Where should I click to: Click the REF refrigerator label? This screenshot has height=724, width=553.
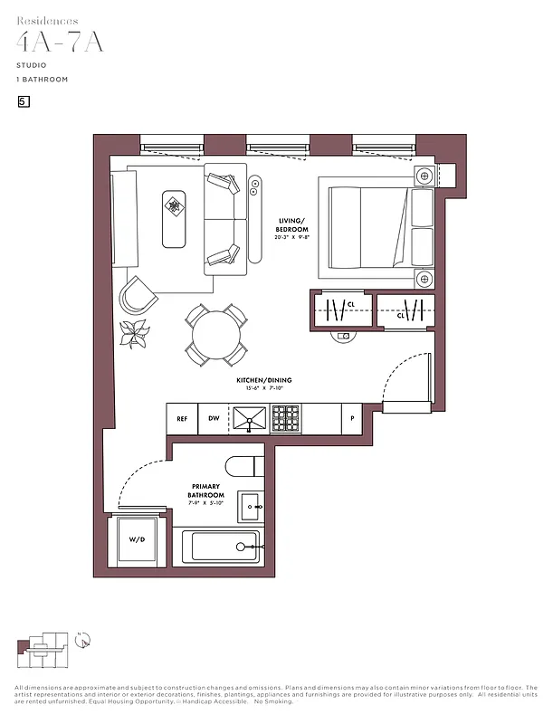click(x=182, y=419)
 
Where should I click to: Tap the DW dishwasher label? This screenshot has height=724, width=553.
click(x=215, y=419)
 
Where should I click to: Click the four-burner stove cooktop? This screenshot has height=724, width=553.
click(x=286, y=418)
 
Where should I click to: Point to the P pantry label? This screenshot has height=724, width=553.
click(x=352, y=419)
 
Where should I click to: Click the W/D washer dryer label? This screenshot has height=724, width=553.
click(x=137, y=540)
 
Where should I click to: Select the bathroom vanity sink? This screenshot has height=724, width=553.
click(x=250, y=507)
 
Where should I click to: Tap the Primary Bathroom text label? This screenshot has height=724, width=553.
click(x=206, y=491)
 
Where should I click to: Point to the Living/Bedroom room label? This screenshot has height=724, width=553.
click(x=291, y=225)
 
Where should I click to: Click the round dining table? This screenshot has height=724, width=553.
click(x=215, y=332)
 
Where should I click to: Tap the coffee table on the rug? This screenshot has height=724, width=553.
click(x=174, y=218)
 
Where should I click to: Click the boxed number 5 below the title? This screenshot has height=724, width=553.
click(x=24, y=101)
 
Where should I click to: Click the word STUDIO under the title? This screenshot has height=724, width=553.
click(x=32, y=65)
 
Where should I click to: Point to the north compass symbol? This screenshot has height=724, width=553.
click(x=83, y=640)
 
